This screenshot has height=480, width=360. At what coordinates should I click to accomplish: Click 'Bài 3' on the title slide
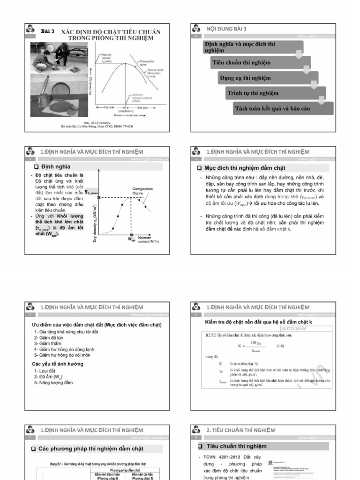point(48,31)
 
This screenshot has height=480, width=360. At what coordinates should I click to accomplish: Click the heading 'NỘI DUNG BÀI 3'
point(226,29)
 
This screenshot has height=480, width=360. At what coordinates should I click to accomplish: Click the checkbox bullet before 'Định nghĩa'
point(36,167)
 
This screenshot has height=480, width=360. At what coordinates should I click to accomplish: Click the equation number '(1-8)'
point(280,346)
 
